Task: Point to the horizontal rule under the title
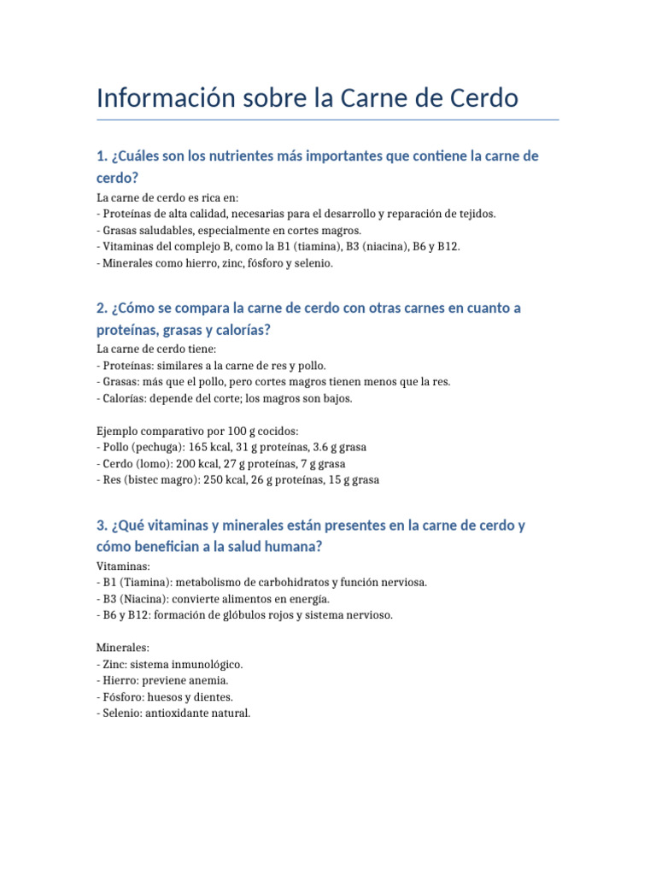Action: (328, 120)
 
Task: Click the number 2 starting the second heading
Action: (101, 308)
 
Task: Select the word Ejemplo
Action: (120, 431)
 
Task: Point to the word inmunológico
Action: (208, 664)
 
